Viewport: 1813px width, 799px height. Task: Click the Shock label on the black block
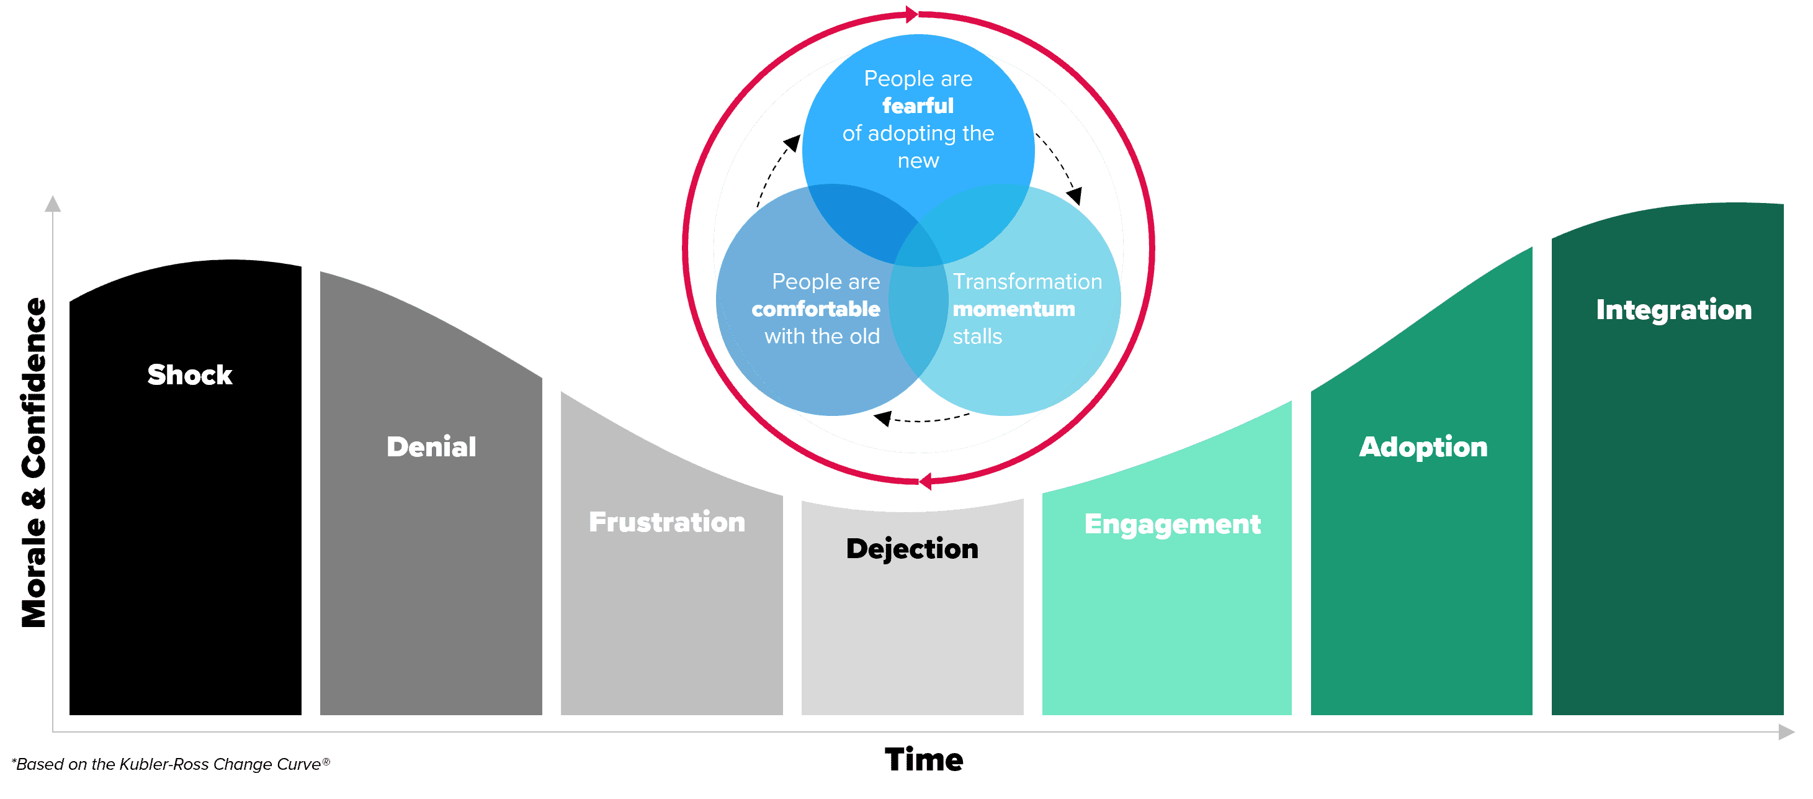point(189,374)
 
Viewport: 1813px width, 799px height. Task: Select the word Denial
point(431,447)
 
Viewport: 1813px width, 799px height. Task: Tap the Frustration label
point(666,522)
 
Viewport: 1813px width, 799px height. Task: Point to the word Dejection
point(912,549)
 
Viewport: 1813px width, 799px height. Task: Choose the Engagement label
point(1173,525)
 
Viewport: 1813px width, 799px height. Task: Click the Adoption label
point(1423,447)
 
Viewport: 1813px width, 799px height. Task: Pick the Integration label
point(1673,310)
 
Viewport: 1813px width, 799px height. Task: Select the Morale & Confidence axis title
point(33,463)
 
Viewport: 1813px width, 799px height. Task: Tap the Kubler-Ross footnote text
point(171,764)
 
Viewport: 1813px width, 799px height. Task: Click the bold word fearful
point(918,106)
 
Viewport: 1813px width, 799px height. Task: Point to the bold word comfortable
point(816,309)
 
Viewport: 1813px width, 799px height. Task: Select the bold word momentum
point(1013,309)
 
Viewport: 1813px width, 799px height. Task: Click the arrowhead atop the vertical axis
point(53,204)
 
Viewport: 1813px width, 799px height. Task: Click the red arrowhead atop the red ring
point(913,14)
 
